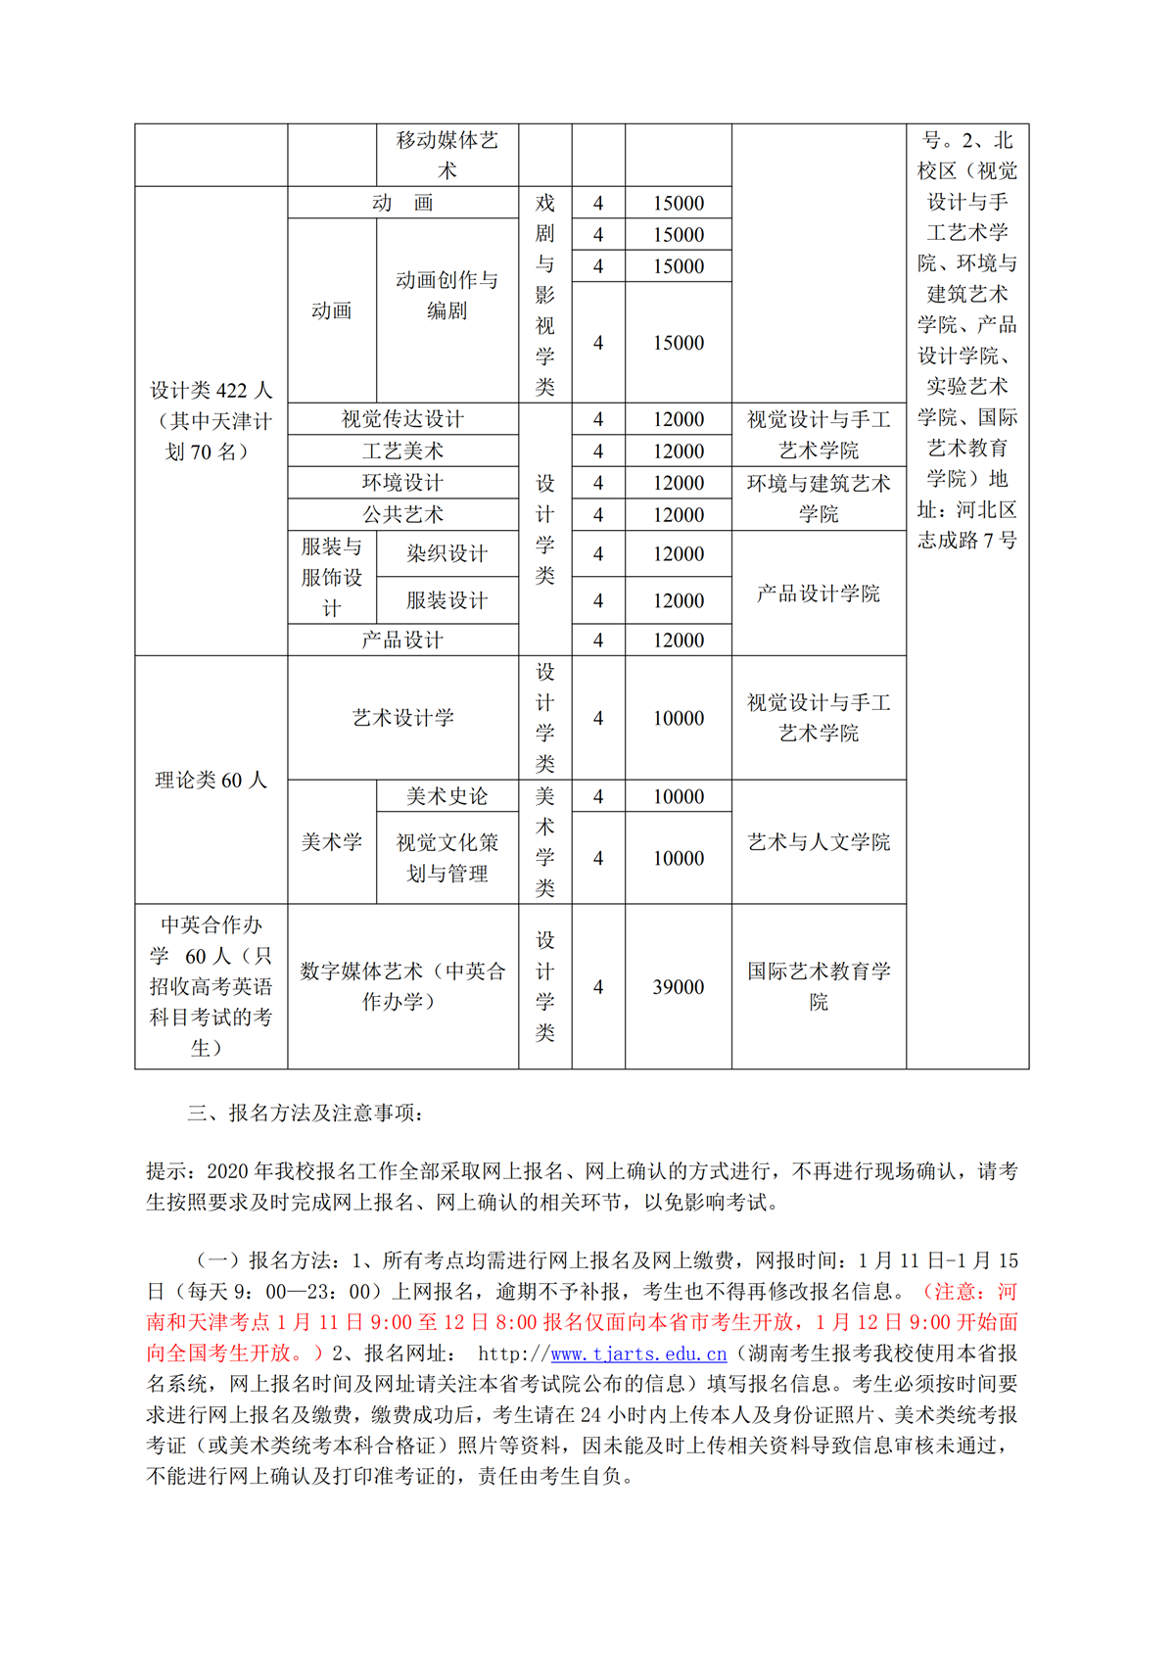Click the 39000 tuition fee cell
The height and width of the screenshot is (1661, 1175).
pyautogui.click(x=678, y=986)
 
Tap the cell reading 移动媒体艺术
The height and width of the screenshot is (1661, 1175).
pyautogui.click(x=446, y=155)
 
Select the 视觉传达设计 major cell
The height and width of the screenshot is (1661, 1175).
pyautogui.click(x=402, y=419)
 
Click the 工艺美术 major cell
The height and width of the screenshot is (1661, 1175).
pyautogui.click(x=402, y=451)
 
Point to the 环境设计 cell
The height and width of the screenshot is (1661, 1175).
pyautogui.click(x=402, y=483)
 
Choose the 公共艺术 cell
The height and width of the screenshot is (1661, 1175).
pyautogui.click(x=402, y=514)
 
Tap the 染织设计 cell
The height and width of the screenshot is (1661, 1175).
pyautogui.click(x=446, y=553)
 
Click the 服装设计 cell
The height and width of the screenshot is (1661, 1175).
pyautogui.click(x=446, y=600)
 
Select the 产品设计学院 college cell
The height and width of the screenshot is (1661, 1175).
pyautogui.click(x=818, y=593)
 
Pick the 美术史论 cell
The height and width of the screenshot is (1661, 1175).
pyautogui.click(x=446, y=796)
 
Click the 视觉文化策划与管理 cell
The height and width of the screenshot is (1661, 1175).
pyautogui.click(x=446, y=857)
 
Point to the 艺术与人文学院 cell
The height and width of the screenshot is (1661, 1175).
pyautogui.click(x=818, y=841)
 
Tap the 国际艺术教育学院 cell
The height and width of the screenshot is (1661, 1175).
pyautogui.click(x=818, y=986)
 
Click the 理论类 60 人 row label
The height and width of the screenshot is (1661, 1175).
pyautogui.click(x=211, y=780)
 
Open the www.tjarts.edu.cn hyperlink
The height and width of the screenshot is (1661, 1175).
pyautogui.click(x=638, y=1353)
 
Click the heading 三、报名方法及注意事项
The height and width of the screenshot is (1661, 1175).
pyautogui.click(x=305, y=1113)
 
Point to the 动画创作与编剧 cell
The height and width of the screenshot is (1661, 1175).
pyautogui.click(x=446, y=295)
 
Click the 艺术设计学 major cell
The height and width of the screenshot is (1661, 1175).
pyautogui.click(x=402, y=718)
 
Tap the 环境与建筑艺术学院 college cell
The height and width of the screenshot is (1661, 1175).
pyautogui.click(x=818, y=498)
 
